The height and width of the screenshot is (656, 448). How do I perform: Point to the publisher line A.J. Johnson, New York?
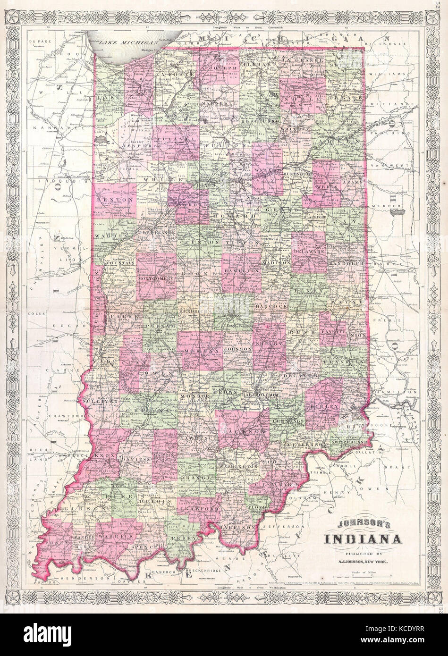(363, 561)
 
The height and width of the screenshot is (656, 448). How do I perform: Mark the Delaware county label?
(309, 252)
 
